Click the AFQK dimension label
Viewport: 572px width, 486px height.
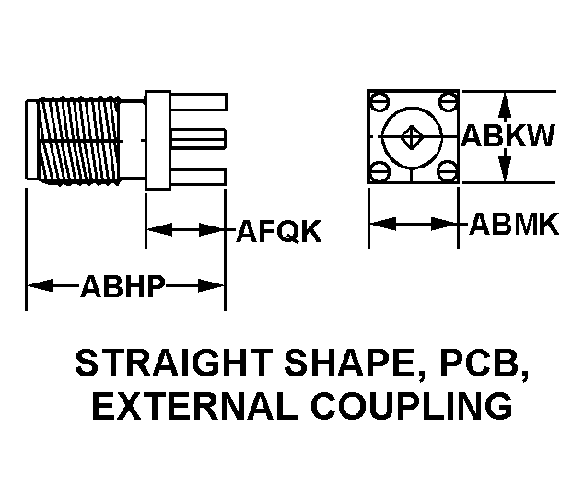click(x=279, y=231)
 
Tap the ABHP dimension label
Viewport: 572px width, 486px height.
click(x=123, y=286)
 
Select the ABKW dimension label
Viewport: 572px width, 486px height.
click(x=508, y=137)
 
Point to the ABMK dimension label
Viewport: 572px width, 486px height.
click(x=514, y=224)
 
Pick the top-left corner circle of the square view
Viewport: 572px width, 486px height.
click(x=379, y=101)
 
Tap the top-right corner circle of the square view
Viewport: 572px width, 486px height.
click(x=449, y=101)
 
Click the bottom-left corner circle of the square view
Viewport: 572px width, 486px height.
click(x=379, y=171)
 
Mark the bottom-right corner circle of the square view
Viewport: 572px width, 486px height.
click(x=449, y=171)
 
